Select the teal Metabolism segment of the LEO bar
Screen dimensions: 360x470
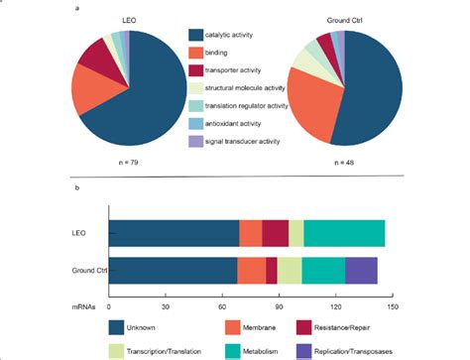coord(343,232)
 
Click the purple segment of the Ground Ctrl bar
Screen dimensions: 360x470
coord(361,270)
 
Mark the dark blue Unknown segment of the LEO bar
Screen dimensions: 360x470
coord(174,232)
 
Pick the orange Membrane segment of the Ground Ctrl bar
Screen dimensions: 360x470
coord(251,270)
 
